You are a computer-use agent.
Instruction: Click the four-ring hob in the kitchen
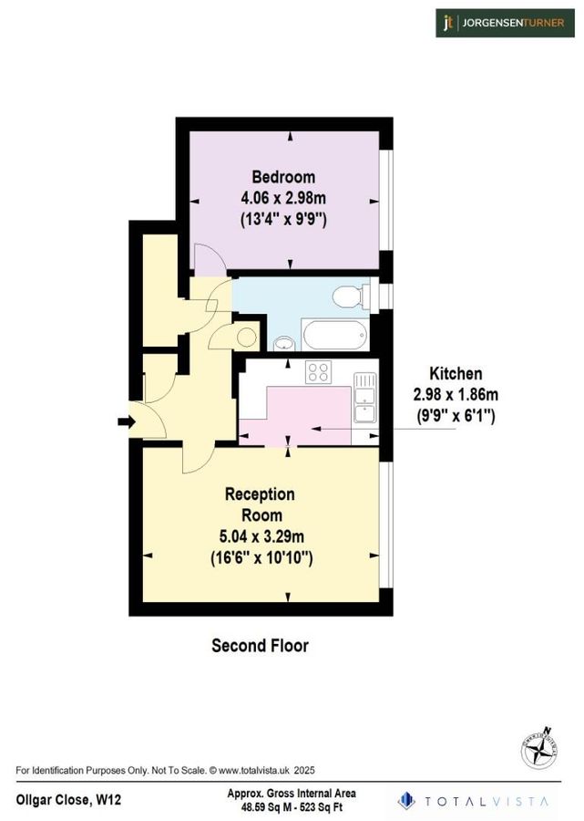pyautogui.click(x=318, y=372)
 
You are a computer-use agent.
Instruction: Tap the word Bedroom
pyautogui.click(x=283, y=177)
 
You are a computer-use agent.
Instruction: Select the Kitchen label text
pyautogui.click(x=456, y=374)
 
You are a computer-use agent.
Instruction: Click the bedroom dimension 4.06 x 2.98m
pyautogui.click(x=283, y=198)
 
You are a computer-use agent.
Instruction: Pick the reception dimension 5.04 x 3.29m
pyautogui.click(x=260, y=536)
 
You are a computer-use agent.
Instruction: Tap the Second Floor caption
pyautogui.click(x=260, y=646)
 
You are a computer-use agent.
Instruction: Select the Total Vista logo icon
pyautogui.click(x=406, y=800)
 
